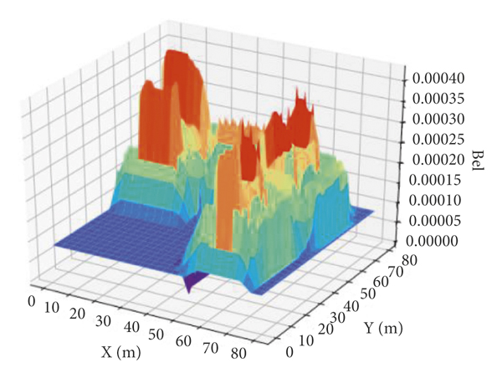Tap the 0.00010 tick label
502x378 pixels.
(x=438, y=202)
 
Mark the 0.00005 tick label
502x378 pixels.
(x=438, y=222)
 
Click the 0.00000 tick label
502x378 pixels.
(x=438, y=242)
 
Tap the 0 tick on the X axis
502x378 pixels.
(x=32, y=299)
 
